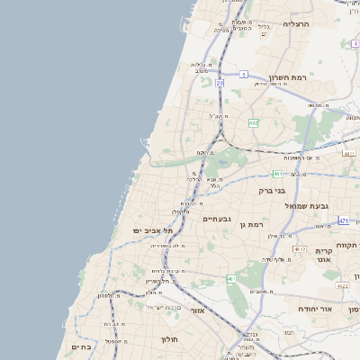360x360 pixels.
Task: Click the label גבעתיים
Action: tap(218, 219)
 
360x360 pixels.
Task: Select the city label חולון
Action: tap(171, 339)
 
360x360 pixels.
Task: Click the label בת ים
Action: tap(81, 346)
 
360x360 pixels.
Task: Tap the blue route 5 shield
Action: tap(243, 75)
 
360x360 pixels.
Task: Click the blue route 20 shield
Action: tap(220, 83)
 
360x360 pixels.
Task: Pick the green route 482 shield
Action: tap(254, 122)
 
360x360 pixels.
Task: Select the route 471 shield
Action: tap(344, 220)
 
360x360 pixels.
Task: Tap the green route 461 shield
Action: tap(231, 279)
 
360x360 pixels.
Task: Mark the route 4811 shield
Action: tap(348, 154)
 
